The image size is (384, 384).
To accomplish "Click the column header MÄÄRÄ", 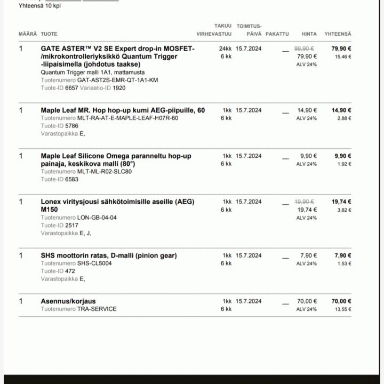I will coord(28,34).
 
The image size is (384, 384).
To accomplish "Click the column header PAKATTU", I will coord(277,34).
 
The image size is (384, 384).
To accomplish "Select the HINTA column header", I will coord(309,34).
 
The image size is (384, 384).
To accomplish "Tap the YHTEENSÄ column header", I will coord(338,34).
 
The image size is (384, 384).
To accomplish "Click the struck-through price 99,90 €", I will coord(305,49).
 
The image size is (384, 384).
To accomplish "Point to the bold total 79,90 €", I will coord(341,49).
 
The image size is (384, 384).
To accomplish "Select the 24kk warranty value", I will coord(225,49).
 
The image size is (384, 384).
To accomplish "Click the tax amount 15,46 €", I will coord(343,57).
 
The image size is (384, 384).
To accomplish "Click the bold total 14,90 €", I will coord(341,110).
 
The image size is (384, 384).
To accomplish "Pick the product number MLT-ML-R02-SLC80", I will coord(104,172).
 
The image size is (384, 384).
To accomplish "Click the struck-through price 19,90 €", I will coord(305,202).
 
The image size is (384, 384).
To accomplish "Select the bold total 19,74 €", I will coord(341,202).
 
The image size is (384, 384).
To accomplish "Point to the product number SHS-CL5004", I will coord(94,263).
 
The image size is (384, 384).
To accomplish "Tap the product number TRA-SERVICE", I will coord(97,309).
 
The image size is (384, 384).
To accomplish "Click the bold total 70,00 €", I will coord(341,301).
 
